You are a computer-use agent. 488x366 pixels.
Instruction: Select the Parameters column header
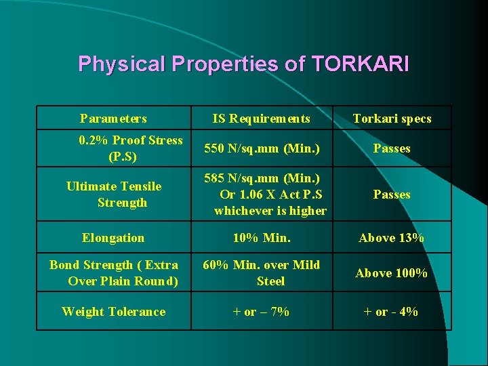pos(113,119)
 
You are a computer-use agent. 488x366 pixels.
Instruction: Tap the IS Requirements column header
pos(261,119)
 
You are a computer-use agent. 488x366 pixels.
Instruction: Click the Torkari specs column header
pos(392,119)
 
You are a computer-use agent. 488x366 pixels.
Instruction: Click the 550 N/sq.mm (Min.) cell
pos(261,148)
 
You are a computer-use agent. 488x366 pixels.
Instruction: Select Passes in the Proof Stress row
pos(392,148)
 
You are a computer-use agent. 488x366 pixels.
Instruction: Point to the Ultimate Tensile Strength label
pos(115,194)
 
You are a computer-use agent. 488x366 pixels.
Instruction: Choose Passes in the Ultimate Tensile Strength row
pos(392,195)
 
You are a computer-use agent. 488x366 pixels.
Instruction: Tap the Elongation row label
pos(113,238)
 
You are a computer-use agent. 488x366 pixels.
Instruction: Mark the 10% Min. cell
pos(261,238)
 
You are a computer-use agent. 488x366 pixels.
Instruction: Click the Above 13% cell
pos(392,238)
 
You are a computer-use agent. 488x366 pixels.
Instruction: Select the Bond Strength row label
pos(114,272)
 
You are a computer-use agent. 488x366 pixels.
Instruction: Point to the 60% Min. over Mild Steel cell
pos(261,272)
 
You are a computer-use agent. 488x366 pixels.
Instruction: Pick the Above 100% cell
pos(392,273)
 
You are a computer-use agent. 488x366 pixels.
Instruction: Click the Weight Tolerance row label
pos(113,312)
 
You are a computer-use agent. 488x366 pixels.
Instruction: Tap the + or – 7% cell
pos(261,312)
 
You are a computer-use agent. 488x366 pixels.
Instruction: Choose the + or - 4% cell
pos(392,312)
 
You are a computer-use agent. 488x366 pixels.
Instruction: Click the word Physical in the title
pos(122,64)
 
